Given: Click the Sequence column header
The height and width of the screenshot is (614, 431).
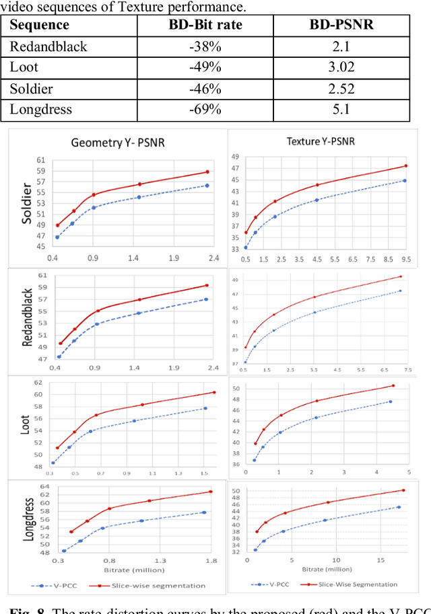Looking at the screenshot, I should tap(40, 26).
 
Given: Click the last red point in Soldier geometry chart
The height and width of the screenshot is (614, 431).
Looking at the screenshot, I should tap(207, 171).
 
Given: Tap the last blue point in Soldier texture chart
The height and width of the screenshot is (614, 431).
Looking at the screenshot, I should tap(404, 180).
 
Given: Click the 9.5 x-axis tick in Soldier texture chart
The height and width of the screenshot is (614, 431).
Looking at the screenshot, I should tap(405, 259).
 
